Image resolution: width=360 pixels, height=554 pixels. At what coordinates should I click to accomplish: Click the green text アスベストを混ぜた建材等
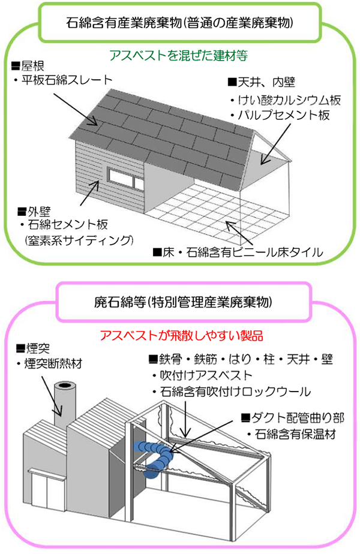tap(178, 55)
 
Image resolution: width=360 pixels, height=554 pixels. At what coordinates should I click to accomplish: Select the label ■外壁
tap(31, 211)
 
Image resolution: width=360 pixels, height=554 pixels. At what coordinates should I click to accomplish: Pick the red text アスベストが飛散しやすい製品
tap(182, 333)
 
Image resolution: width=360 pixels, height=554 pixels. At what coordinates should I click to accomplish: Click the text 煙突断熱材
tap(51, 363)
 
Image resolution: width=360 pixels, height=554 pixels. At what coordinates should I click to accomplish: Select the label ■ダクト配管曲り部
tap(292, 417)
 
